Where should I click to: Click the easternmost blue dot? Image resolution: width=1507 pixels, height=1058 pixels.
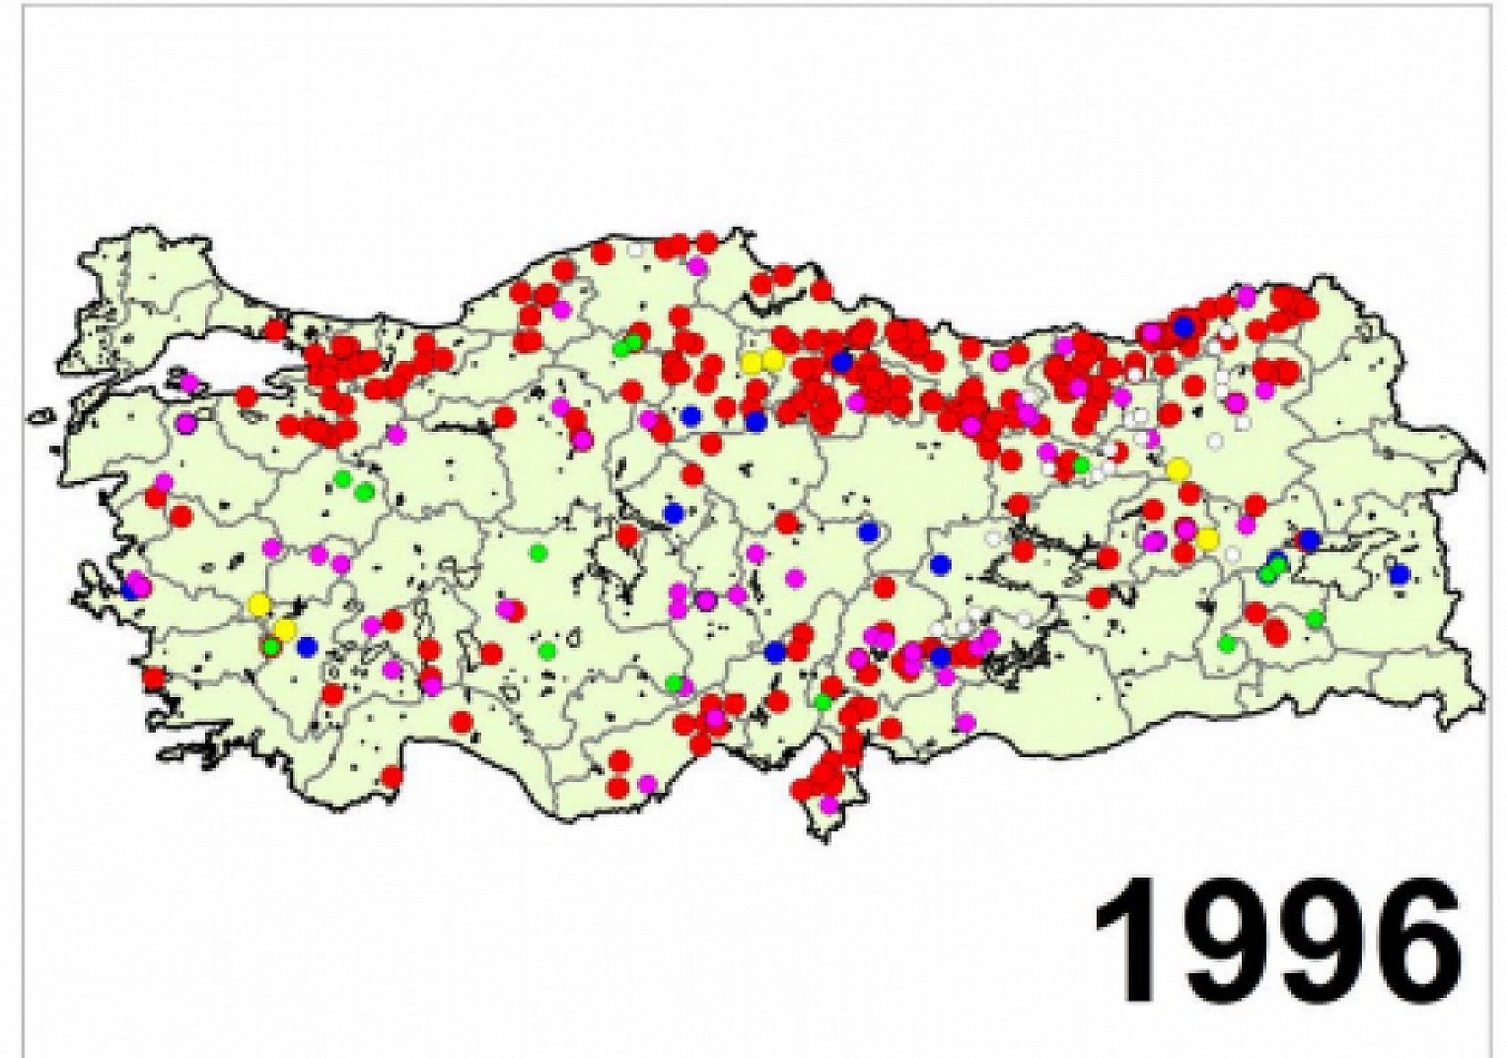[1399, 574]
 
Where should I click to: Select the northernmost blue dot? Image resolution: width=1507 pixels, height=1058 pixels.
[1184, 327]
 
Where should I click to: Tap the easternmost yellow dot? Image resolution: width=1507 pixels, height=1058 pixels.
[1208, 539]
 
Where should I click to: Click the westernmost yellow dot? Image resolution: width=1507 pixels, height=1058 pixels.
[260, 604]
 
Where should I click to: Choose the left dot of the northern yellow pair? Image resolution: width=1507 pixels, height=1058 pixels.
[752, 362]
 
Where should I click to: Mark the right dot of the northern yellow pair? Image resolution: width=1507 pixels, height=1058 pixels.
[772, 359]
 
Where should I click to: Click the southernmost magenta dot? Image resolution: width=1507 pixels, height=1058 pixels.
[830, 804]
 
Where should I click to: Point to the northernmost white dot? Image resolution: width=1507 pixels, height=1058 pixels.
[636, 251]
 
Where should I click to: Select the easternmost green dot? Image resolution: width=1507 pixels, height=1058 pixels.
[1314, 617]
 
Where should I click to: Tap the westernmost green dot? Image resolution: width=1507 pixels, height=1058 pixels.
[271, 645]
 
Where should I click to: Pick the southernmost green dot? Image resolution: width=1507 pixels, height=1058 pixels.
[823, 701]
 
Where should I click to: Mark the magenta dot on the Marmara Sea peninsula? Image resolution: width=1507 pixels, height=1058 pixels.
[189, 383]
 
